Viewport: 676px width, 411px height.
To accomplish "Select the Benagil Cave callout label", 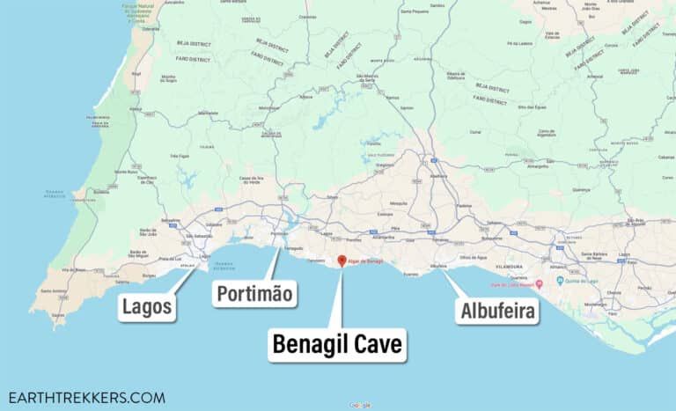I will click(x=338, y=344).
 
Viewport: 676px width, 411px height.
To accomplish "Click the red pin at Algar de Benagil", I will click(x=342, y=261).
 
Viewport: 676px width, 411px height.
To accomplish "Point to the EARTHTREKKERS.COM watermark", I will click(x=86, y=397).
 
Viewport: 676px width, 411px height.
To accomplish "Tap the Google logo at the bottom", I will click(x=359, y=405).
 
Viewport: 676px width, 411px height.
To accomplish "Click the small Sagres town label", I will click(x=58, y=314).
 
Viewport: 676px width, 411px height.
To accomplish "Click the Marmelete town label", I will click(x=208, y=114).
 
